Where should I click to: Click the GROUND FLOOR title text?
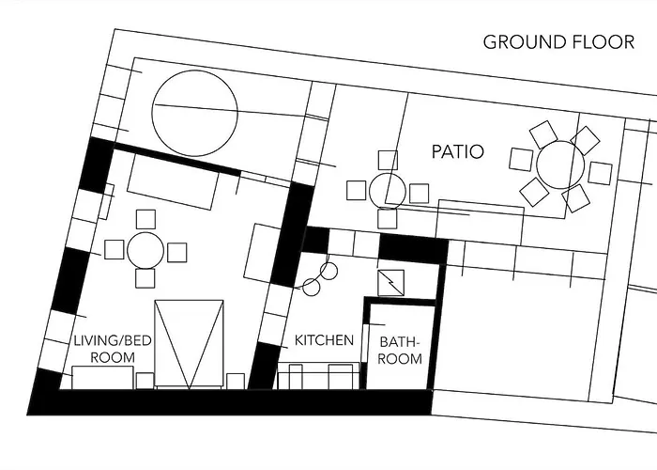pyautogui.click(x=558, y=42)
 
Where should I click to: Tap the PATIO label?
pyautogui.click(x=458, y=151)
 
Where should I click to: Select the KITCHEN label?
pyautogui.click(x=325, y=340)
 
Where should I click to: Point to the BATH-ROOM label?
pyautogui.click(x=400, y=351)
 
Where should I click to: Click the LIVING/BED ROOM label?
pyautogui.click(x=113, y=349)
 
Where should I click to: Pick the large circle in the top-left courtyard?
pyautogui.click(x=195, y=70)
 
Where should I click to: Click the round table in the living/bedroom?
pyautogui.click(x=145, y=251)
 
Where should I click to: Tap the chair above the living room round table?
pyautogui.click(x=145, y=219)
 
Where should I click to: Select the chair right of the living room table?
pyautogui.click(x=176, y=252)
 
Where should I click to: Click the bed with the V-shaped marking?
pyautogui.click(x=189, y=343)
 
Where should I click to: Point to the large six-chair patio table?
pyautogui.click(x=560, y=164)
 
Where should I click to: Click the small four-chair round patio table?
pyautogui.click(x=388, y=192)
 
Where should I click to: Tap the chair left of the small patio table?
pyautogui.click(x=357, y=190)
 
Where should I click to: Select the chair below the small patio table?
pyautogui.click(x=387, y=219)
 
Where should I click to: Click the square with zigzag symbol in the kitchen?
pyautogui.click(x=391, y=283)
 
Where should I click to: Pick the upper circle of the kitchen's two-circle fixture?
pyautogui.click(x=328, y=271)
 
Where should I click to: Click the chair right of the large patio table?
pyautogui.click(x=600, y=173)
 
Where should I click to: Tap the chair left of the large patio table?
pyautogui.click(x=521, y=160)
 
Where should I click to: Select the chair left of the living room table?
pyautogui.click(x=114, y=249)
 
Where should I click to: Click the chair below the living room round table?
pyautogui.click(x=145, y=278)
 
